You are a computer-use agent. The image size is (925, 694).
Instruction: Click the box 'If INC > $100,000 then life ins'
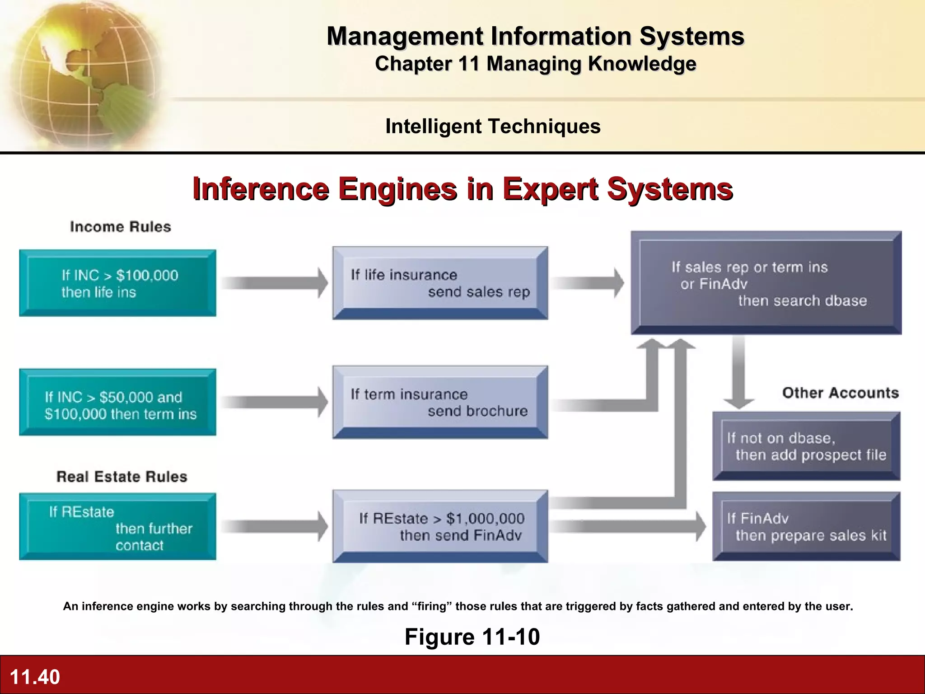coord(117,283)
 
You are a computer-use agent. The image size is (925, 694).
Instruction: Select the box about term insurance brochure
coord(440,402)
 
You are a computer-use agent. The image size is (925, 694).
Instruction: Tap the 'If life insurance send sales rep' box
coord(440,283)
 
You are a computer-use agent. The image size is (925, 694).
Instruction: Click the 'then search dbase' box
coord(766,283)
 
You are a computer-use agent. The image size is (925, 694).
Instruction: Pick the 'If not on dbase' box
coord(806,446)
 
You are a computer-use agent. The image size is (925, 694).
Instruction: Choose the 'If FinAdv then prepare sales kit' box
coord(806,526)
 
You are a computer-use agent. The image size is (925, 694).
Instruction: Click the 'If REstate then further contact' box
coord(117,527)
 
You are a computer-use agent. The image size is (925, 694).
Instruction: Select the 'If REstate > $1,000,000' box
coord(440,526)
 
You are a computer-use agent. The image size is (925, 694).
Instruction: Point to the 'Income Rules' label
coord(121,227)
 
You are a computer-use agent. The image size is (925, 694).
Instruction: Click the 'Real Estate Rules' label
coord(122,477)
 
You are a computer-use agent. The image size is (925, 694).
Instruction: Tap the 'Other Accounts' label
coord(841,393)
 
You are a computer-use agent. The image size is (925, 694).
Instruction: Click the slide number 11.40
coord(35,677)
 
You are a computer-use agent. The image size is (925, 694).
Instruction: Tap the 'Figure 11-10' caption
coord(472,637)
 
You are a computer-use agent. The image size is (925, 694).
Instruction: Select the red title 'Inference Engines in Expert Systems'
coord(462,189)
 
